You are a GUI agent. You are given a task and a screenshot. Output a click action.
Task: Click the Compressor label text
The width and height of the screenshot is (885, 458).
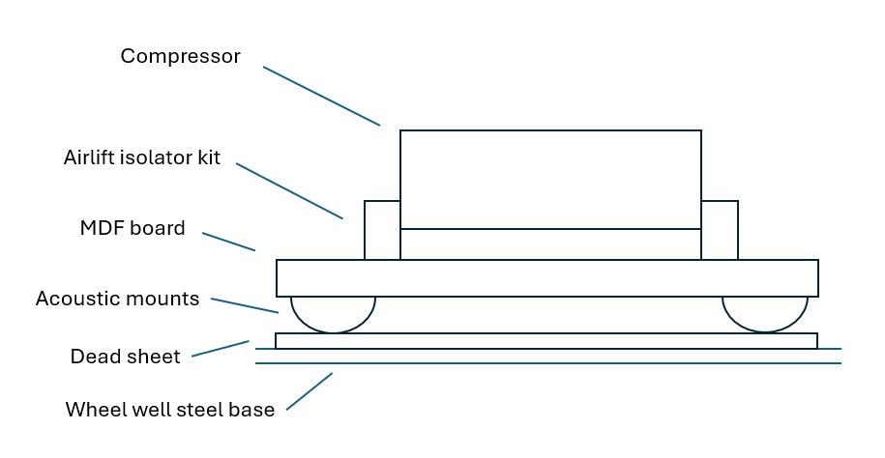pyautogui.click(x=180, y=56)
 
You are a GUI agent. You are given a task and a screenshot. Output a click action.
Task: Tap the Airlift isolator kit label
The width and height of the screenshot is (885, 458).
pyautogui.click(x=142, y=157)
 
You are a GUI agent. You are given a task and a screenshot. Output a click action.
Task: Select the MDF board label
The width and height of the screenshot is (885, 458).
pyautogui.click(x=133, y=228)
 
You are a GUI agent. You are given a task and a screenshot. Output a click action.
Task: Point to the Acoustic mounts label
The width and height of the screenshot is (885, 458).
pyautogui.click(x=117, y=299)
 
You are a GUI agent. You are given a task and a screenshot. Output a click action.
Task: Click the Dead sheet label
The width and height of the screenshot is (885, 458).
pyautogui.click(x=125, y=357)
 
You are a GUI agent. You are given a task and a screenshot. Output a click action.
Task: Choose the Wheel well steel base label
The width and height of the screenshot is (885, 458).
pyautogui.click(x=170, y=410)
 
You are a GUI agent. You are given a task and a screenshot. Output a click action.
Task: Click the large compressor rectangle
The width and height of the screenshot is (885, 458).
pyautogui.click(x=550, y=179)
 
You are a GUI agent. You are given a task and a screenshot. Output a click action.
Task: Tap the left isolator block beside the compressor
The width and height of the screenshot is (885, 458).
pyautogui.click(x=382, y=230)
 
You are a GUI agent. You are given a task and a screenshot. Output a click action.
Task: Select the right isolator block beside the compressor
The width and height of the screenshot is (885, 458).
pyautogui.click(x=720, y=230)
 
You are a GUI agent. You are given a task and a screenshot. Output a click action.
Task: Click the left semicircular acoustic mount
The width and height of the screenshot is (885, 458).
pyautogui.click(x=333, y=311)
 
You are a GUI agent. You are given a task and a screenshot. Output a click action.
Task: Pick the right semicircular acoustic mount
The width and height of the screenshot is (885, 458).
pyautogui.click(x=765, y=311)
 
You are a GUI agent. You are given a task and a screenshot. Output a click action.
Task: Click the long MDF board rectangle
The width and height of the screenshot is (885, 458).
pyautogui.click(x=547, y=278)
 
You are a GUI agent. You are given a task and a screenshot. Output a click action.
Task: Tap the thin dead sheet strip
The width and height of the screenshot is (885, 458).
pyautogui.click(x=546, y=341)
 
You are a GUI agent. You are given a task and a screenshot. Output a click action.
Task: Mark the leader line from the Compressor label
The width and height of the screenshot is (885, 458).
pyautogui.click(x=321, y=96)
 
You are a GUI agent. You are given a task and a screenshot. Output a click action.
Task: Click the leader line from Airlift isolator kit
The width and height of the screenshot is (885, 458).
pyautogui.click(x=289, y=190)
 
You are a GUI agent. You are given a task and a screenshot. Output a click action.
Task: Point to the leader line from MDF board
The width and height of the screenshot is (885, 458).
pyautogui.click(x=228, y=242)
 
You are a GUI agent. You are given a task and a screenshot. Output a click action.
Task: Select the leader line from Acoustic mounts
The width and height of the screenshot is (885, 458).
pyautogui.click(x=245, y=305)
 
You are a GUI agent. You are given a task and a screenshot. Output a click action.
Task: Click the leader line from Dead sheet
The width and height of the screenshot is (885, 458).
pyautogui.click(x=221, y=349)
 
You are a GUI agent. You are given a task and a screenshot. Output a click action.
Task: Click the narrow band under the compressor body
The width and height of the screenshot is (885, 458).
pyautogui.click(x=550, y=244)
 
